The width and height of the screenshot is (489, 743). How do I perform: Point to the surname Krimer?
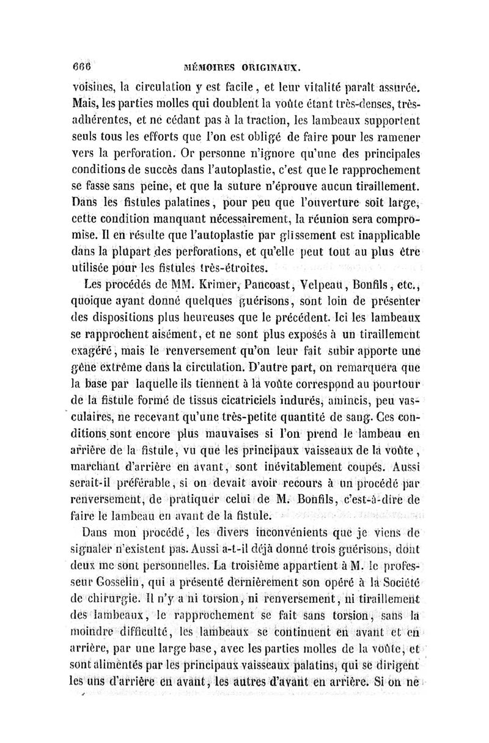click(x=201, y=285)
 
